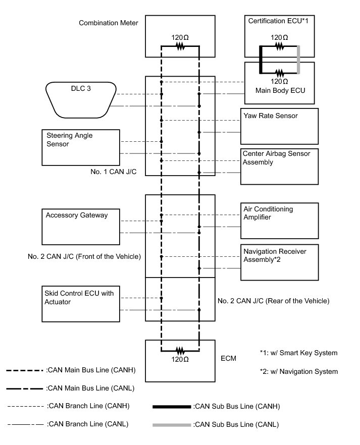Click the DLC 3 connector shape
coord(81,99)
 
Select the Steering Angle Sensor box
coord(81,147)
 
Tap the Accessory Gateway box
coord(81,227)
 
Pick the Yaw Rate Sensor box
coord(280,126)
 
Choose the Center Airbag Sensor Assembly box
coord(280,166)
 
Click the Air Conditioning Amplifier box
coord(280,220)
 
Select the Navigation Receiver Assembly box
coord(280,262)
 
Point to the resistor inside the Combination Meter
coord(180,46)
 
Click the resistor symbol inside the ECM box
coord(180,350)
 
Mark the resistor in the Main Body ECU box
coord(279,72)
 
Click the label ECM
coord(228,359)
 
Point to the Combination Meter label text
coord(109,23)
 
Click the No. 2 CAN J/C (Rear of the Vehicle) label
coord(273,301)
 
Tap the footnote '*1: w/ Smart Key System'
coord(298,353)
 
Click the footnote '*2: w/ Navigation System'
coord(297,371)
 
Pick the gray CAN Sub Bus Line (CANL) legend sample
coord(172,425)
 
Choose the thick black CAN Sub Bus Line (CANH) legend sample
coord(172,406)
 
